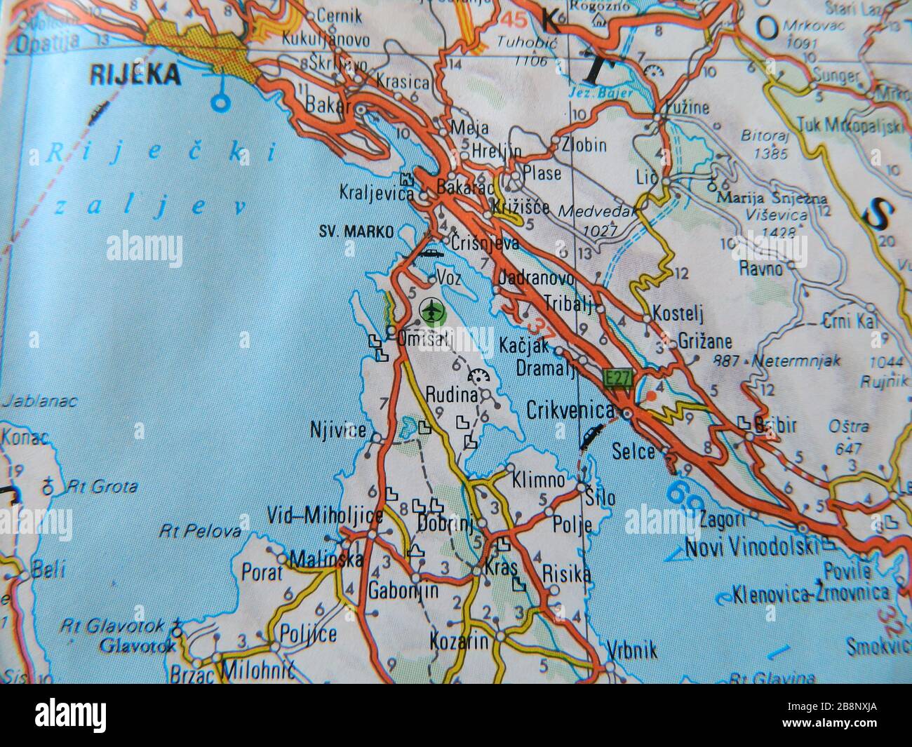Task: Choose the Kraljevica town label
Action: tap(375, 191)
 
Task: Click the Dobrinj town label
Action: tap(445, 523)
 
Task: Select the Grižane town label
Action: tap(705, 342)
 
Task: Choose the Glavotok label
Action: tap(138, 644)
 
